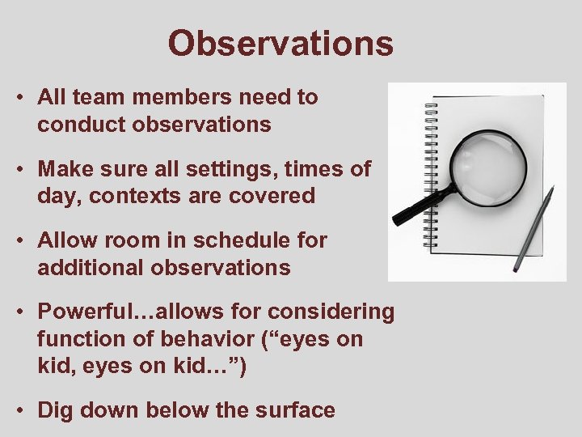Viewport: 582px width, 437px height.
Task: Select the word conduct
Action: pyautogui.click(x=77, y=125)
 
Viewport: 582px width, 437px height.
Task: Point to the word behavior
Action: pyautogui.click(x=193, y=339)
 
